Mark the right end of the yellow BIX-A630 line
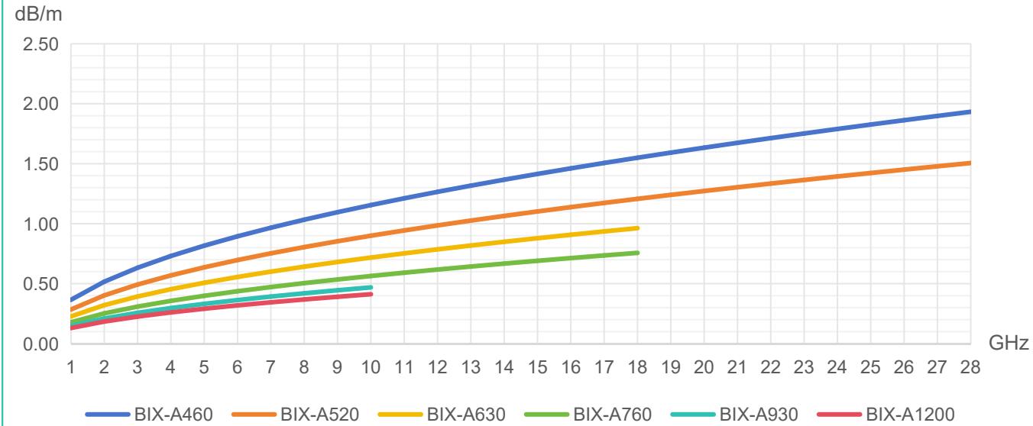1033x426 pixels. pos(637,228)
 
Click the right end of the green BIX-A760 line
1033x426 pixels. pos(637,253)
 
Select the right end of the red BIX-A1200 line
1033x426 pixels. pos(371,294)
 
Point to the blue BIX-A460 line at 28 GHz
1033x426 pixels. pos(969,111)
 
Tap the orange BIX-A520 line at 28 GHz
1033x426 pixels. pos(969,163)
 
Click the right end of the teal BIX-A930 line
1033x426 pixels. pos(371,287)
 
